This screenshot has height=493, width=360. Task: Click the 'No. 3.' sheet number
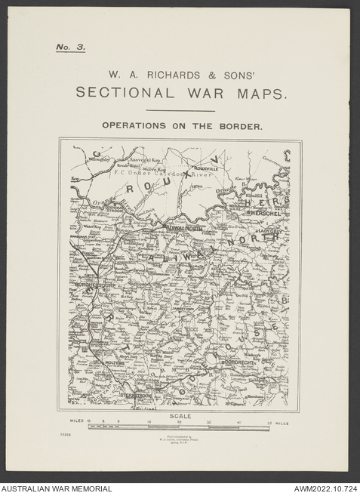click(71, 47)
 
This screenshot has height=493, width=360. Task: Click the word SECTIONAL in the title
click(122, 94)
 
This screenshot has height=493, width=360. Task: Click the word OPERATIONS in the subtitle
click(132, 126)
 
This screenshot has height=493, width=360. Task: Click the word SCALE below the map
click(180, 416)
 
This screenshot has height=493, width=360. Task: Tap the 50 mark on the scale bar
click(269, 423)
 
